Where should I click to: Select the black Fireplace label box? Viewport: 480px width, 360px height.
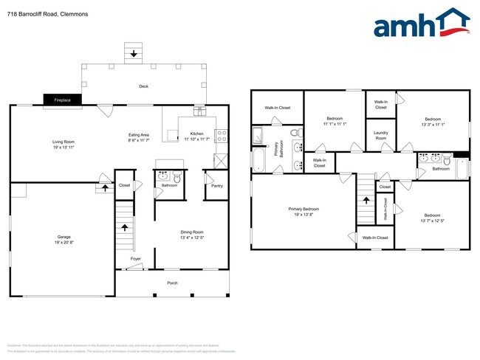62,99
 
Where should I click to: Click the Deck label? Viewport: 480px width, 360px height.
143,86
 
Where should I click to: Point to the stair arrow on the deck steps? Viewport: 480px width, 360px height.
134,54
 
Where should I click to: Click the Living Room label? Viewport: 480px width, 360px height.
63,142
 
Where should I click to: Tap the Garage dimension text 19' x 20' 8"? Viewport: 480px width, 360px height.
64,242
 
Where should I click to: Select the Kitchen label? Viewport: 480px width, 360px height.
196,134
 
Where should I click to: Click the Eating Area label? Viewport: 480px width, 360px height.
140,134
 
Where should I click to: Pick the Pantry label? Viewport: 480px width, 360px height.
216,185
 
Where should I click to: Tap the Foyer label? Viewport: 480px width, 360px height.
136,258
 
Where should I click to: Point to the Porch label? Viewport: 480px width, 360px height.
172,283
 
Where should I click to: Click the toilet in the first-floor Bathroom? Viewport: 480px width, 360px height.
176,178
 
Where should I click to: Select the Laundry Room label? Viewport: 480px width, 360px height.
381,136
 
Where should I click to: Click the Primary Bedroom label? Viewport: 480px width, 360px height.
304,209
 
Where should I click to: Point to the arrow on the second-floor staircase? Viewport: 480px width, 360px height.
363,198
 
